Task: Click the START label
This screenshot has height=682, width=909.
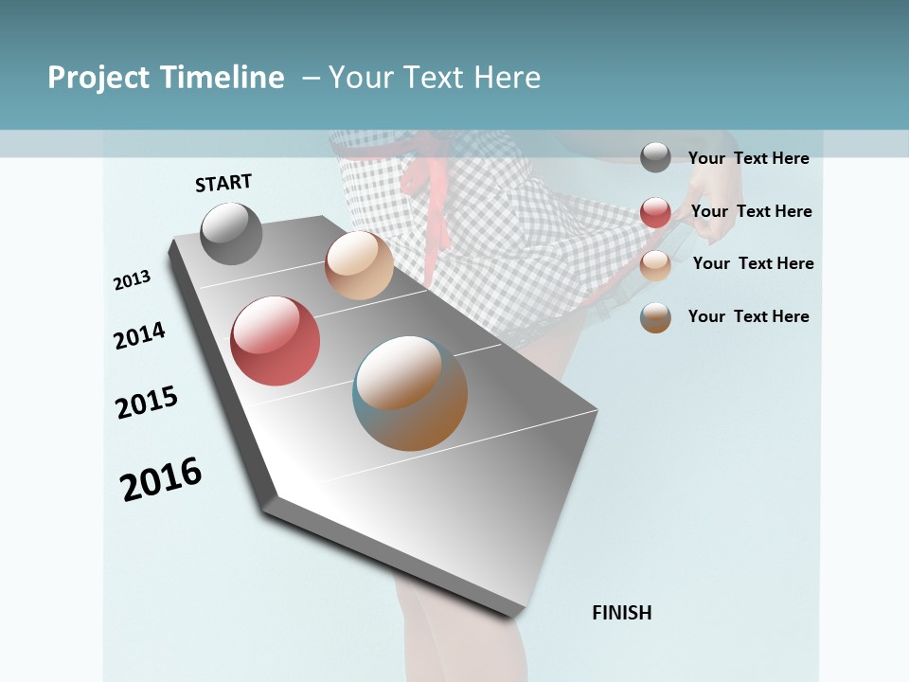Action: [x=223, y=183]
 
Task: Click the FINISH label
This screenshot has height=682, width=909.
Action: [x=621, y=613]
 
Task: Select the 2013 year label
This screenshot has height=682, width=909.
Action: [x=132, y=280]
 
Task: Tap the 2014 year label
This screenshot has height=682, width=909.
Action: [x=139, y=335]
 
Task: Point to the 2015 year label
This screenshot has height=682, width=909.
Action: [x=147, y=403]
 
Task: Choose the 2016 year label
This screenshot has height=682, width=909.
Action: [x=161, y=479]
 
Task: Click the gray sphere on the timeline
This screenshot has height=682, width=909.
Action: [x=231, y=233]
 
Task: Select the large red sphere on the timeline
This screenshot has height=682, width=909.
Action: [x=275, y=341]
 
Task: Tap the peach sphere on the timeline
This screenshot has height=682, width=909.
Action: [x=359, y=265]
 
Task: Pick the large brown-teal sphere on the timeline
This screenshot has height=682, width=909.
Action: [x=410, y=393]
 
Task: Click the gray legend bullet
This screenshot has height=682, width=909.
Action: [x=655, y=157]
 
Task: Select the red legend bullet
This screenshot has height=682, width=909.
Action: [x=655, y=211]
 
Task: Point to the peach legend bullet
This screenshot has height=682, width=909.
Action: [x=655, y=264]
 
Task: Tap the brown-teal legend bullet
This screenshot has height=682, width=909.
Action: [x=655, y=317]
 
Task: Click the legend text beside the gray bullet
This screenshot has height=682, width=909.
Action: [x=748, y=158]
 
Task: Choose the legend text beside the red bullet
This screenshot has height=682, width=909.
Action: [x=751, y=211]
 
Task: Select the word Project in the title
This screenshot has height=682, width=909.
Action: [x=99, y=78]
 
